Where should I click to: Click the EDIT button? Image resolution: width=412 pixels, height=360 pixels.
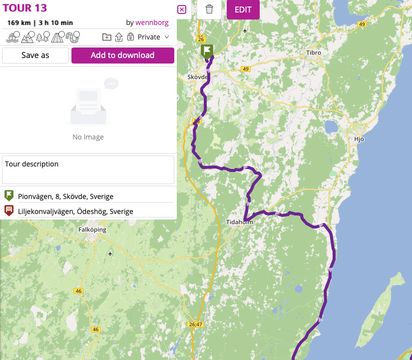click(x=243, y=9)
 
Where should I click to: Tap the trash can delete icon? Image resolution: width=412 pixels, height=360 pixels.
click(x=209, y=9)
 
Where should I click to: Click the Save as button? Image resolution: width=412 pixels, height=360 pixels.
click(x=35, y=55)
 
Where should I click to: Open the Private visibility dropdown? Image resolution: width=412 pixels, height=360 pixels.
click(x=153, y=37)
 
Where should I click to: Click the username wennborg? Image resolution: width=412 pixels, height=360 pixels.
click(x=152, y=22)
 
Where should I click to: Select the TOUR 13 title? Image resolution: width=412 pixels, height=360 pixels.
click(x=25, y=8)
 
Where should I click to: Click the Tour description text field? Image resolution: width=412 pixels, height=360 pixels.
click(x=88, y=169)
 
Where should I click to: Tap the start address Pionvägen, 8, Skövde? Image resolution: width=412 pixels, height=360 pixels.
click(x=65, y=196)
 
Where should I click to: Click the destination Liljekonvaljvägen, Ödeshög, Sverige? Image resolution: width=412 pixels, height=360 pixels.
click(x=75, y=211)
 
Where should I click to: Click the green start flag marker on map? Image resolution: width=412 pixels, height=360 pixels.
click(x=207, y=51)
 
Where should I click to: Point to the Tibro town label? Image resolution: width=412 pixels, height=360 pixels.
click(x=314, y=52)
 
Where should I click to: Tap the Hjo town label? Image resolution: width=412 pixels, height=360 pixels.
click(x=359, y=139)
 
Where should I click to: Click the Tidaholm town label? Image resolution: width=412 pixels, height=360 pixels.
click(x=240, y=222)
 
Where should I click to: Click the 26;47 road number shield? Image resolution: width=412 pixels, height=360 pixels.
click(x=197, y=324)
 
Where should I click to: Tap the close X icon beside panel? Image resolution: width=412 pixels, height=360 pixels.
click(x=182, y=9)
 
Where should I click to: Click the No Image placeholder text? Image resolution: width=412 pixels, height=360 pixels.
click(x=88, y=137)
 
